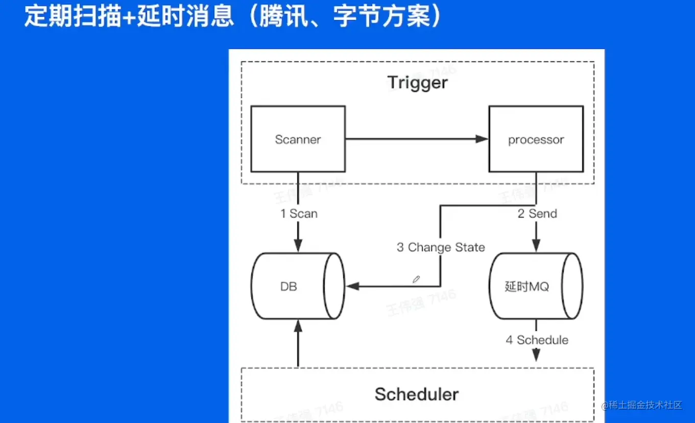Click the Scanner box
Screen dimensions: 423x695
(x=298, y=139)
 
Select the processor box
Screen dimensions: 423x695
(x=536, y=139)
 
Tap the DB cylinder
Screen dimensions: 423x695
(x=289, y=287)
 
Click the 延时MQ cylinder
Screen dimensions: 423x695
(x=527, y=287)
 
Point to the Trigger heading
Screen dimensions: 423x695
(x=417, y=83)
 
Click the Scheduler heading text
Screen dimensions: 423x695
(x=417, y=394)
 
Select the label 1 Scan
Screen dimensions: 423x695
(x=299, y=214)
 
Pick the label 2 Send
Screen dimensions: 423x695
(x=537, y=214)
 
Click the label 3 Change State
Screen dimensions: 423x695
(x=441, y=247)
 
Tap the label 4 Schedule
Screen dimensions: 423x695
(x=537, y=340)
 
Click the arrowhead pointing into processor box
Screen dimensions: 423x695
(x=482, y=139)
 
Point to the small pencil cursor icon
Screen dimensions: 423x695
(x=416, y=279)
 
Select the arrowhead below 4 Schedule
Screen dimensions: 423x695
(x=536, y=356)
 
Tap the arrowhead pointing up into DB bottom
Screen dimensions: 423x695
(x=298, y=325)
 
